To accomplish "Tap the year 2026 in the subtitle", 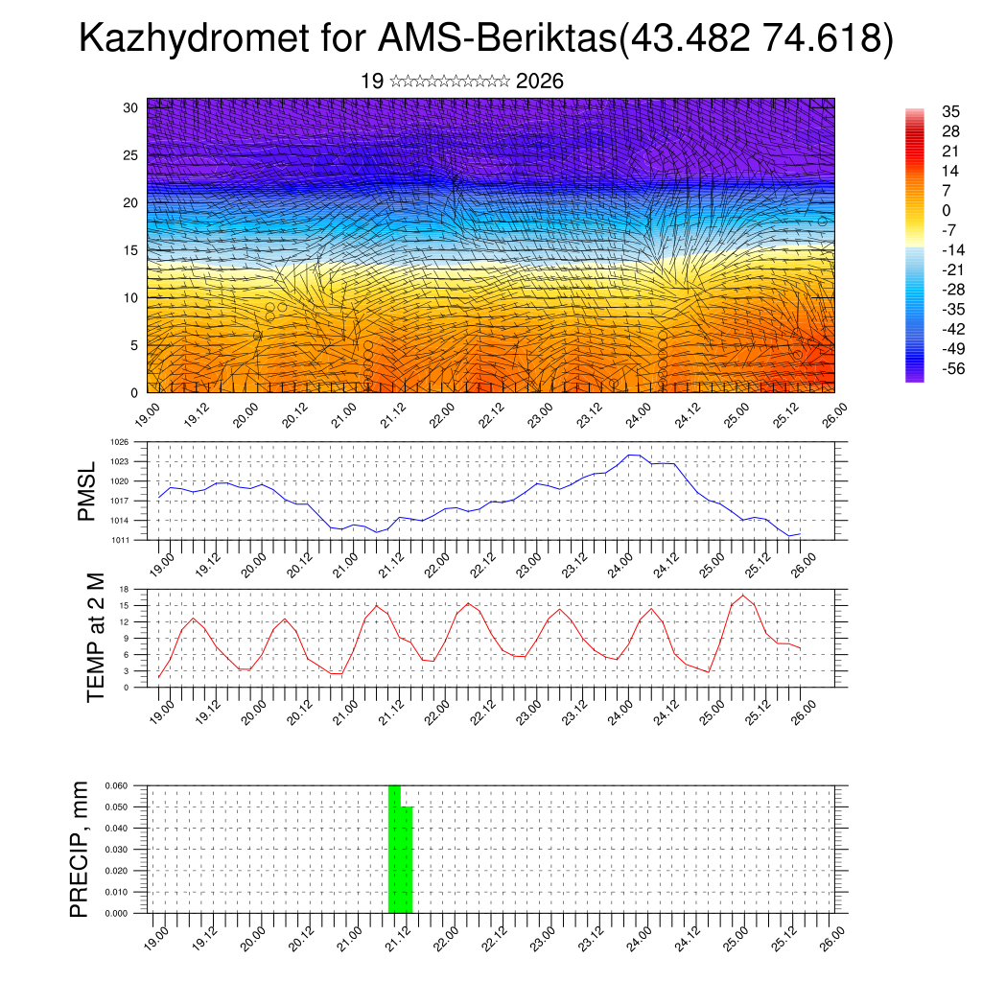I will tap(539, 82).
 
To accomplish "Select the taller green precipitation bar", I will tap(394, 849).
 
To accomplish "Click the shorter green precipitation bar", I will tap(407, 859).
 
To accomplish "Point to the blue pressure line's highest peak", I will tap(633, 455).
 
